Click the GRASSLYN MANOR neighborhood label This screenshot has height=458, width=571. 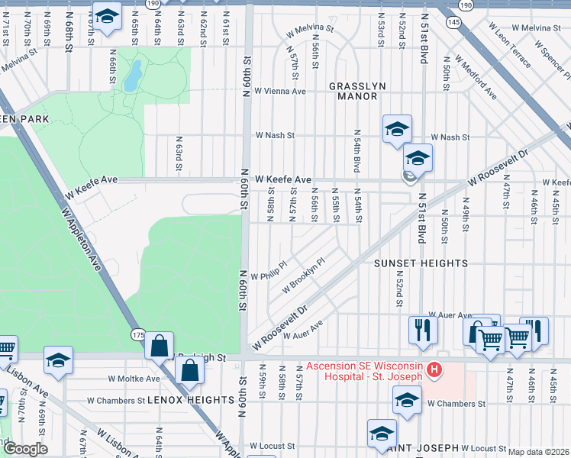(353, 92)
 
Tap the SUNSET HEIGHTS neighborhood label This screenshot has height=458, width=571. (420, 263)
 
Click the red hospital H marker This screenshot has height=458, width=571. (434, 371)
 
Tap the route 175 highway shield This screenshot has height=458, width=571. (137, 334)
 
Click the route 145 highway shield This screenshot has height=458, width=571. (454, 24)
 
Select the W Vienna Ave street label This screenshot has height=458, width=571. (280, 91)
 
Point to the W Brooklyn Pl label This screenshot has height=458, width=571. (303, 275)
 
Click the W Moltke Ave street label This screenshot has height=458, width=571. (134, 378)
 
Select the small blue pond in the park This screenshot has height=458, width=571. (133, 75)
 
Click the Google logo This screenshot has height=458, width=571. (25, 450)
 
